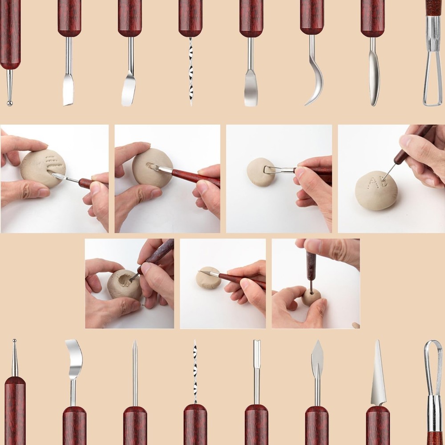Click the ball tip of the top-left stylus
tap(10, 103)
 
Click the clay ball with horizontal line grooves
tap(43, 168)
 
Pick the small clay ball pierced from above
tap(311, 297)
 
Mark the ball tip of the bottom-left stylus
tap(14, 342)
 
